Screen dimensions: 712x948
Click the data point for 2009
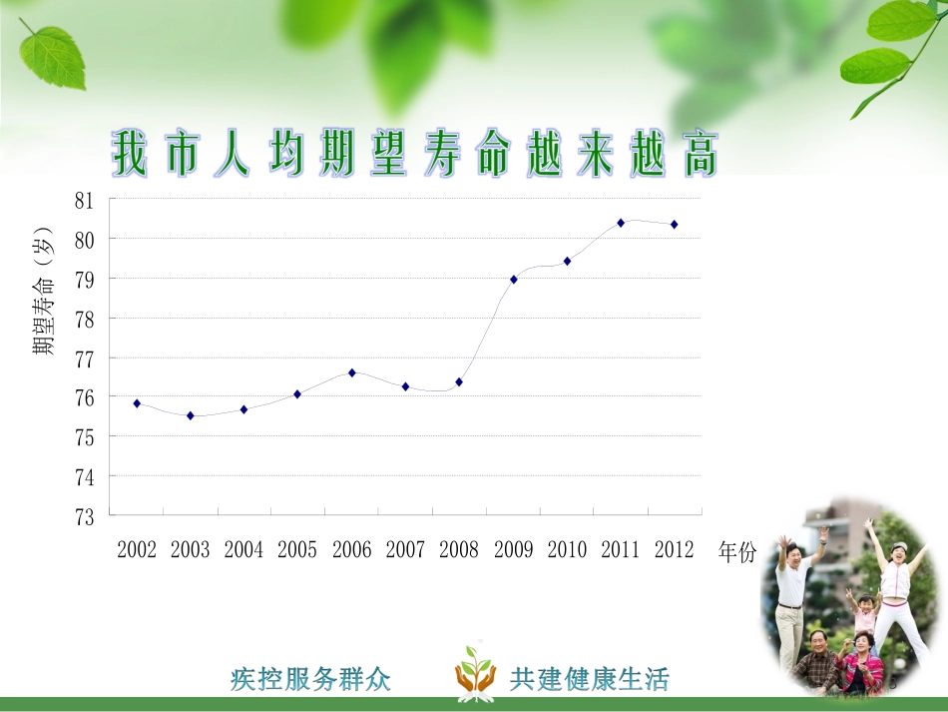click(x=514, y=280)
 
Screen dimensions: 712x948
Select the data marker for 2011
click(x=621, y=223)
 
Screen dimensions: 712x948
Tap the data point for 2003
click(x=191, y=415)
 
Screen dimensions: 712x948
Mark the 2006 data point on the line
click(x=352, y=372)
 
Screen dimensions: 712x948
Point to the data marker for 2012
click(x=675, y=225)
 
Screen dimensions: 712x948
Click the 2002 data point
click(x=137, y=403)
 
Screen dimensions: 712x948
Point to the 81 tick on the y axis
click(x=84, y=200)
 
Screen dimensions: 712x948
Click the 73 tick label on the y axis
click(x=84, y=516)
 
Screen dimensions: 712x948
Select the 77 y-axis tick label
click(x=84, y=357)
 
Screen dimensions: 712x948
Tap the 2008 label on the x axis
click(x=459, y=550)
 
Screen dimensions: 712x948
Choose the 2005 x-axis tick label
click(x=297, y=550)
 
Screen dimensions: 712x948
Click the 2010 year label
click(x=567, y=550)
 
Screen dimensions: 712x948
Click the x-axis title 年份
click(x=737, y=552)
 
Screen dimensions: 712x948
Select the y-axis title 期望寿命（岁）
click(x=43, y=291)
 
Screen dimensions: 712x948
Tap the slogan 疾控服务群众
click(x=310, y=680)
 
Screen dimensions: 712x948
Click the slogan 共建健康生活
click(x=589, y=680)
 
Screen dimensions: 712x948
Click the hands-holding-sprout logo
click(x=475, y=670)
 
